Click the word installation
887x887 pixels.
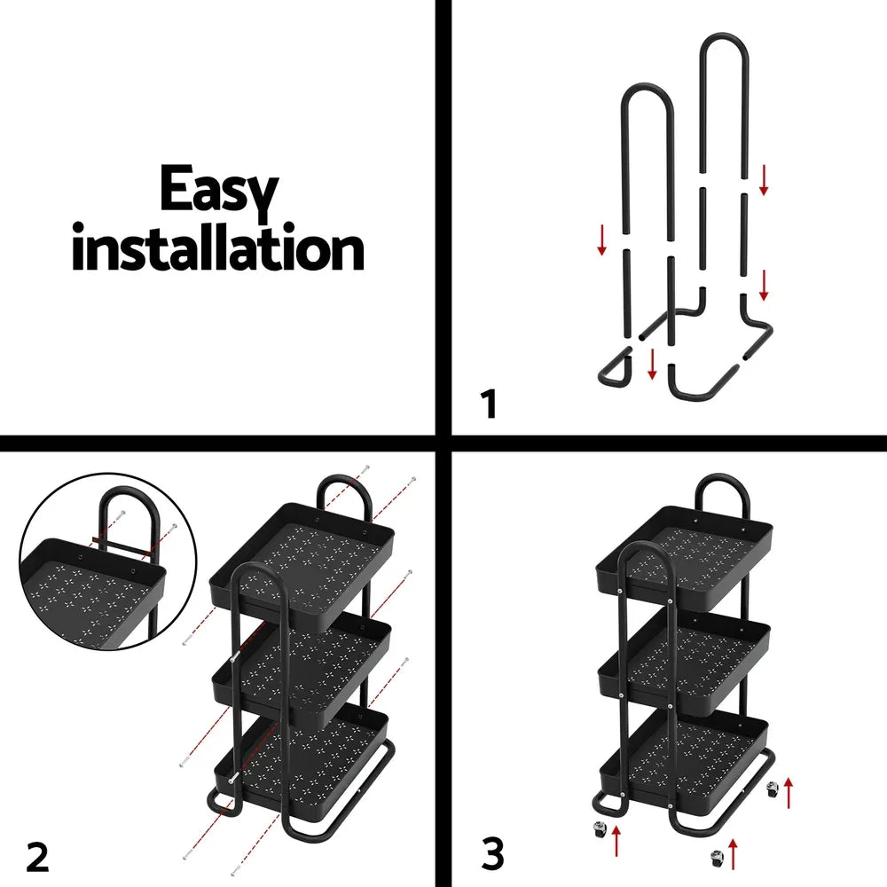point(218,250)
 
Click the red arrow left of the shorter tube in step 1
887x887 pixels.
point(602,240)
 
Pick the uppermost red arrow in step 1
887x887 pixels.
point(765,179)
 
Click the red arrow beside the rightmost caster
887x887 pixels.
point(789,789)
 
